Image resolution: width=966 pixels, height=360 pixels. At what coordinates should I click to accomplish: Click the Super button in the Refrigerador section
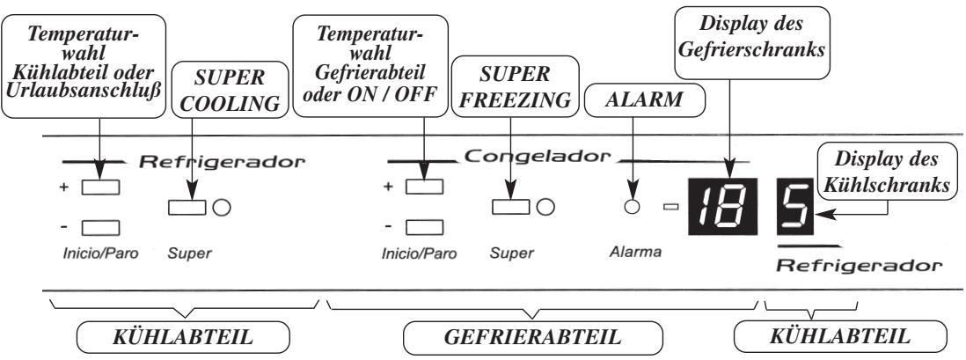[x=185, y=208]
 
